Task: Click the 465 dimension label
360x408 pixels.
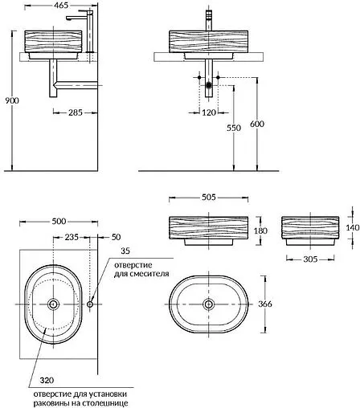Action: point(61,5)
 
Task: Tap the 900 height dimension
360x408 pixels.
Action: point(12,100)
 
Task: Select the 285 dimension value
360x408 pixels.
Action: point(76,112)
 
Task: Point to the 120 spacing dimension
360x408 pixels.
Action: point(209,112)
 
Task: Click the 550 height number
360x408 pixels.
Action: point(234,128)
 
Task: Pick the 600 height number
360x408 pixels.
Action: point(257,124)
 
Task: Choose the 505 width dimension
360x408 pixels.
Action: point(208,198)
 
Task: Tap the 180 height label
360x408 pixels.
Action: point(260,231)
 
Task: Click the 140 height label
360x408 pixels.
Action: point(352,227)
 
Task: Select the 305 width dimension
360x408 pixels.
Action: point(310,259)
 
